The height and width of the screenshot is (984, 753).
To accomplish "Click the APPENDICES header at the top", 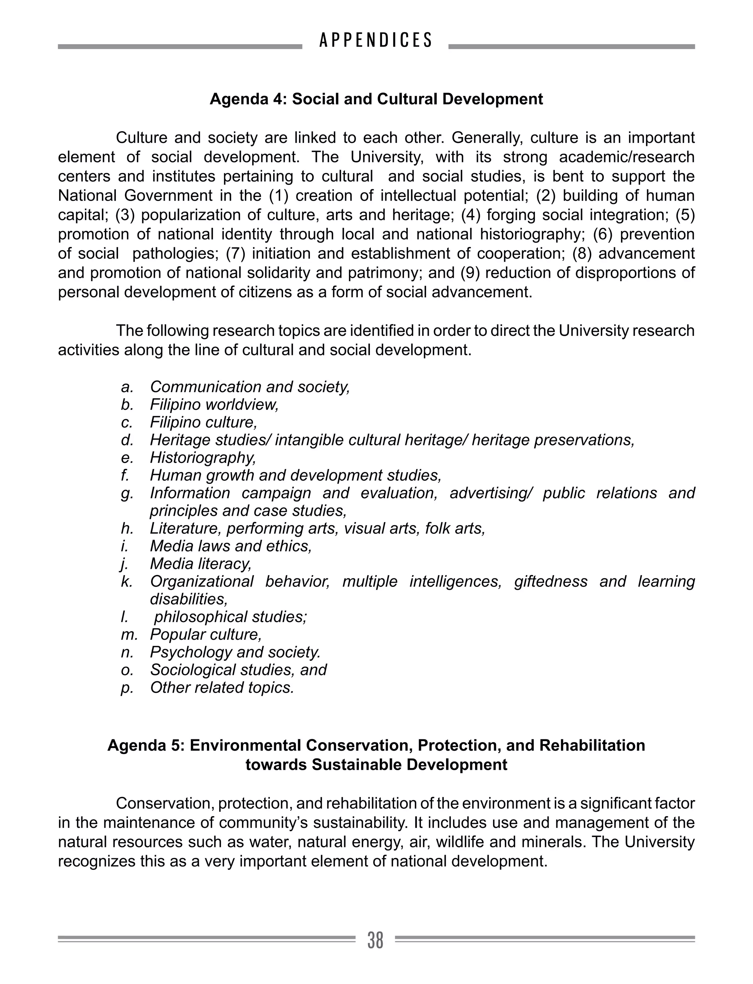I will [x=376, y=40].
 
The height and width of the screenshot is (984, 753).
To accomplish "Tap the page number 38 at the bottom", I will [x=376, y=940].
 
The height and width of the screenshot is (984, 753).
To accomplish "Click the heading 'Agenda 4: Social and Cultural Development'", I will [x=376, y=99].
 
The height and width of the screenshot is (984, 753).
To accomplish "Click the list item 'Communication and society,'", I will [x=250, y=387].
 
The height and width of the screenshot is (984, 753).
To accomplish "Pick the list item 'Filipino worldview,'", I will [x=214, y=405].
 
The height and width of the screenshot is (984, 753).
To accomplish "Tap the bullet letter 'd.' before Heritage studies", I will [x=127, y=440].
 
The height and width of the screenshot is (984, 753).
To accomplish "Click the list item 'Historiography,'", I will [x=203, y=457].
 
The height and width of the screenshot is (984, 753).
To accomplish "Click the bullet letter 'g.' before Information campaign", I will [x=127, y=493].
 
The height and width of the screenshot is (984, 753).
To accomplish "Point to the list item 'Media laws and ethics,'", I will [x=231, y=546].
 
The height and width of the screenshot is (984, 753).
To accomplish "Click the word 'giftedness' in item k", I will [x=550, y=581].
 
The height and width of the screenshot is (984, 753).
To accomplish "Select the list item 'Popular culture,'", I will [x=206, y=634].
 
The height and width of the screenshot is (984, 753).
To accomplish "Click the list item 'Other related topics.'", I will [x=222, y=687].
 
